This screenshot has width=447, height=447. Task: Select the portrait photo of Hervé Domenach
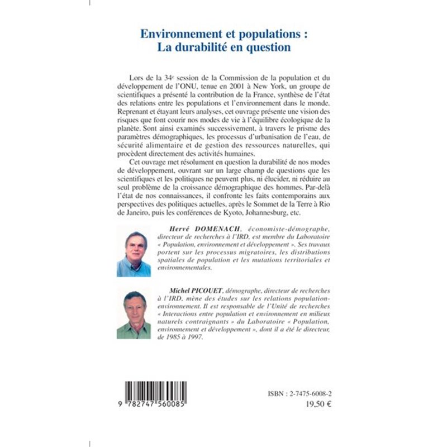click(134, 254)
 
